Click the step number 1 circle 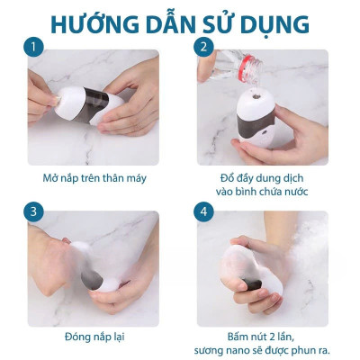[33, 46]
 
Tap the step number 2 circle [203, 46]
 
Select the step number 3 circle [33, 212]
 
